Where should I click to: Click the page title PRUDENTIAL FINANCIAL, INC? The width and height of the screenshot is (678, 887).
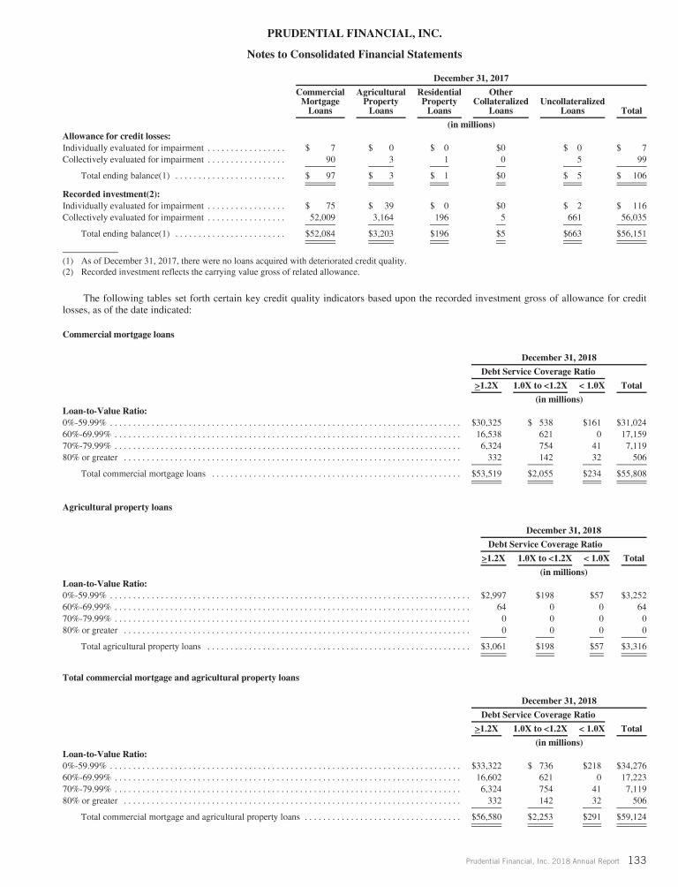339,34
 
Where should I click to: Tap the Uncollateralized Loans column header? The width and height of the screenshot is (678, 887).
572,106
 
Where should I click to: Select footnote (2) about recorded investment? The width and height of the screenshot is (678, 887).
205,272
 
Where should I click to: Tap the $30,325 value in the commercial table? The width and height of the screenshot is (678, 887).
487,423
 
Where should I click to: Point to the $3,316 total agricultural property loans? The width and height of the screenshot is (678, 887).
629,646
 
